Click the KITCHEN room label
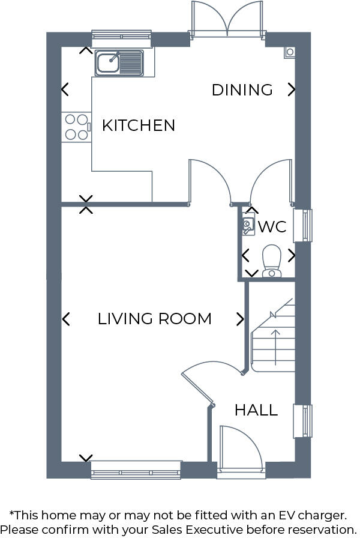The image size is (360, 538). [x=139, y=125]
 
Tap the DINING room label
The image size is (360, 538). [x=242, y=90]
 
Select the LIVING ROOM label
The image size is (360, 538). [x=154, y=319]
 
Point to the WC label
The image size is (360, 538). [x=272, y=227]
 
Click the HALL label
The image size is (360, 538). [x=256, y=411]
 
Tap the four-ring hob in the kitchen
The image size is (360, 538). [x=76, y=127]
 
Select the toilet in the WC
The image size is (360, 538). [x=272, y=260]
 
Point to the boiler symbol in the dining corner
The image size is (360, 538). [x=290, y=52]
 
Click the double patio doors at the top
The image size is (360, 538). [x=227, y=19]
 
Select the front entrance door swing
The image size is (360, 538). [x=240, y=447]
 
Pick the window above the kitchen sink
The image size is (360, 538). [x=121, y=35]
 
